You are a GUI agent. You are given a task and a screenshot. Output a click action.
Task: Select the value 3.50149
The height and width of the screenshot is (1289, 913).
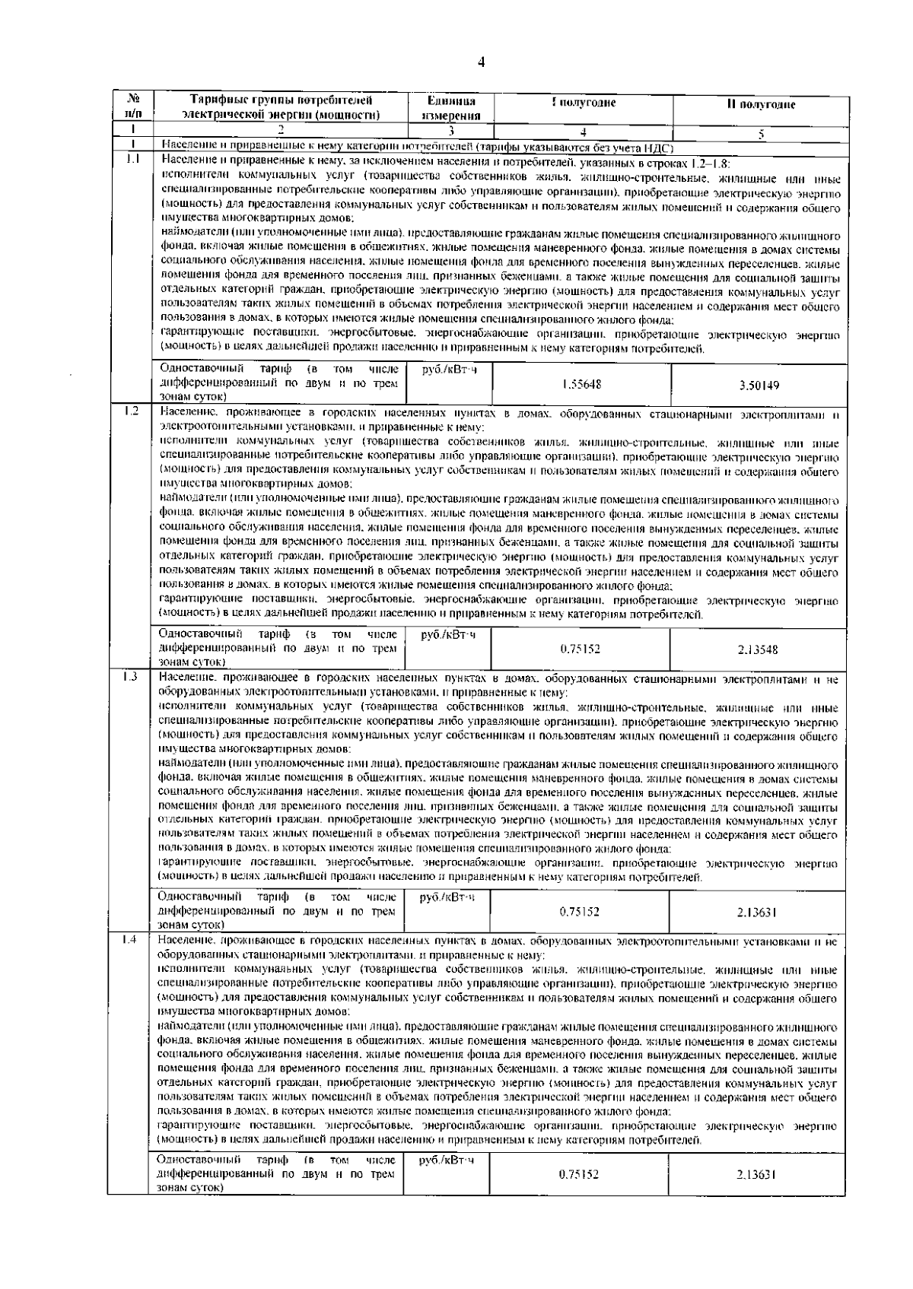[x=759, y=386]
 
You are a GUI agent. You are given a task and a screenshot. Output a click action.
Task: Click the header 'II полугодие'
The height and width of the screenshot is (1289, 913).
[x=760, y=105]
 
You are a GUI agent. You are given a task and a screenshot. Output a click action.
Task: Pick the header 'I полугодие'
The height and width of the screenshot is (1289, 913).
[x=583, y=103]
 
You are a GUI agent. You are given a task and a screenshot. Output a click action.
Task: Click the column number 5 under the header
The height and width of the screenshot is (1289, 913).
[x=760, y=132]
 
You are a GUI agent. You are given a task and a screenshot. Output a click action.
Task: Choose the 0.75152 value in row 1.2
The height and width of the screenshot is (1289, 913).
[x=580, y=649]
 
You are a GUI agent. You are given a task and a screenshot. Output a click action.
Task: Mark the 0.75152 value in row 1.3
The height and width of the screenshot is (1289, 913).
[x=580, y=911]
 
